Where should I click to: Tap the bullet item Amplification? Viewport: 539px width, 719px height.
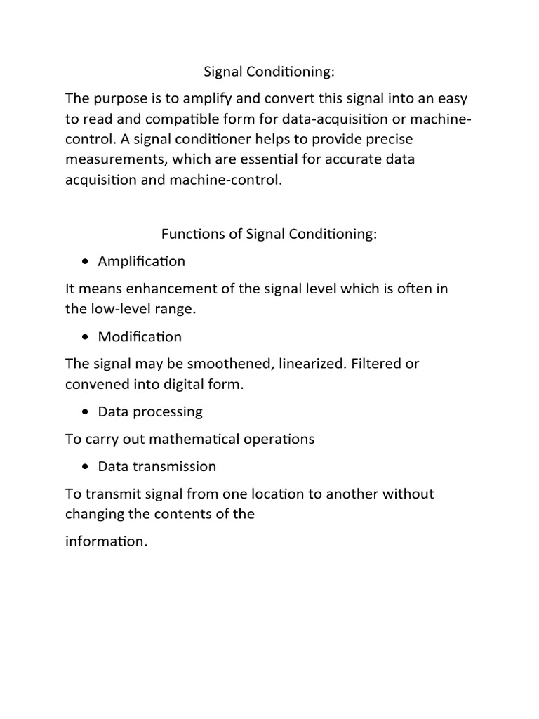coord(142,261)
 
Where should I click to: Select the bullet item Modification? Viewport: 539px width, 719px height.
coord(140,336)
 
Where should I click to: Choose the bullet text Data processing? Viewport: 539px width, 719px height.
coord(150,411)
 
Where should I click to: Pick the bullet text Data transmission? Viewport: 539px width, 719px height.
coord(157,466)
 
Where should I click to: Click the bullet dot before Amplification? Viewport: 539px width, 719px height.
coord(86,262)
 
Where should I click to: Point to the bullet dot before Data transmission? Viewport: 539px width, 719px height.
coord(86,467)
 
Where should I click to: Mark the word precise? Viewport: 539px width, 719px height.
coord(387,139)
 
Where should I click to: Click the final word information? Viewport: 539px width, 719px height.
coord(106,541)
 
